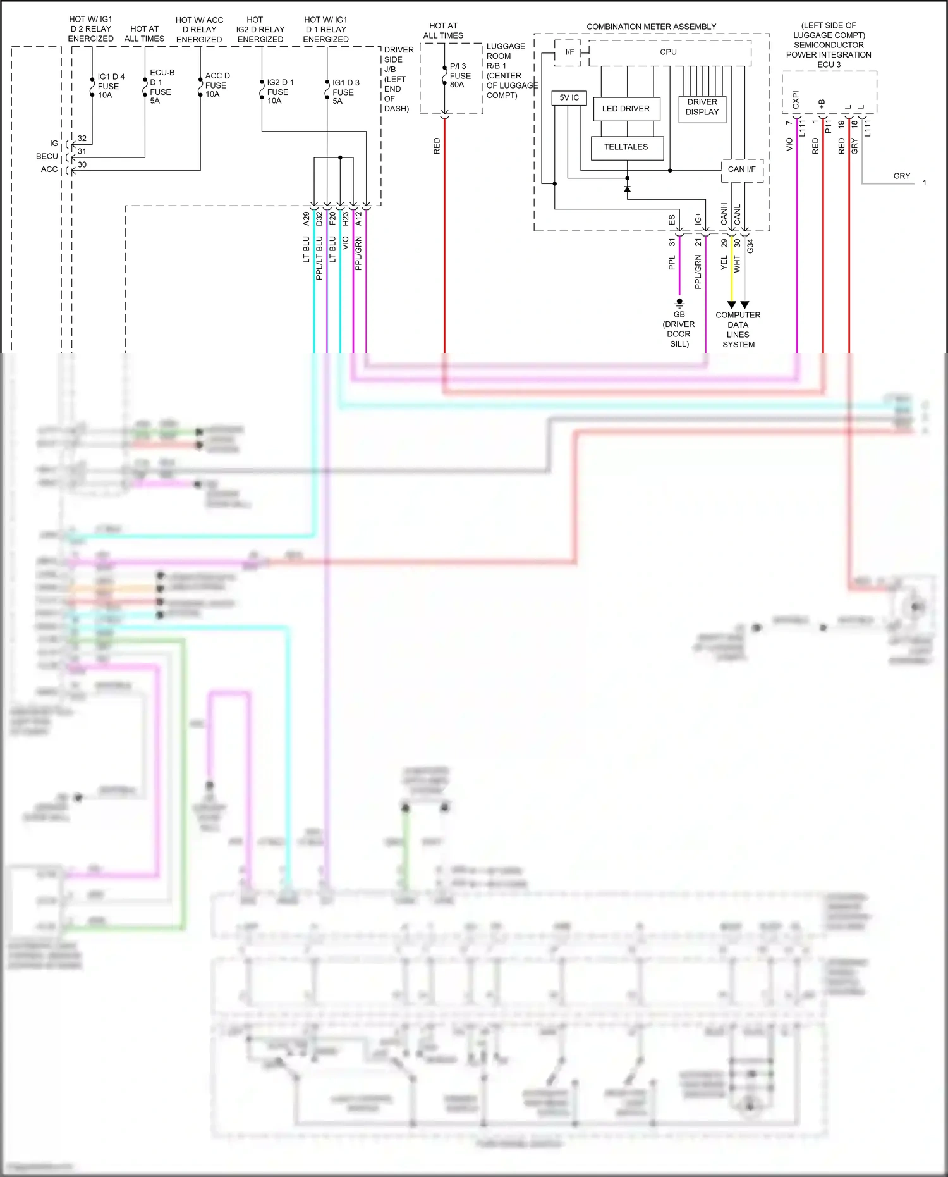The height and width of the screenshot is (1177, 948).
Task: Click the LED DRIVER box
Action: (x=626, y=109)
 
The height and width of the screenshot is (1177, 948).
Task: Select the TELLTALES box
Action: (x=626, y=147)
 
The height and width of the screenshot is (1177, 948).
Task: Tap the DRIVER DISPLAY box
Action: (x=702, y=107)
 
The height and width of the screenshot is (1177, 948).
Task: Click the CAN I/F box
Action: (x=741, y=169)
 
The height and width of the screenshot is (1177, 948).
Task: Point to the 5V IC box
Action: (x=569, y=97)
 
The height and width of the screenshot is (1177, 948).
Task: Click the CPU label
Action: (x=668, y=52)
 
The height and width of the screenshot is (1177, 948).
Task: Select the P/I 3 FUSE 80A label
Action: (x=459, y=75)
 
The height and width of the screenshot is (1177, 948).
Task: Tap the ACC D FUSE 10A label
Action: (x=217, y=85)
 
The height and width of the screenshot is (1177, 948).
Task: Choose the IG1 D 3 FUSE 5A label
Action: (x=345, y=92)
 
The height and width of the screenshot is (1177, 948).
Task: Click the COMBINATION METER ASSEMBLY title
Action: (x=651, y=27)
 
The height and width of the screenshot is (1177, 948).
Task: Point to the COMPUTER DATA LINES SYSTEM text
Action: (x=738, y=330)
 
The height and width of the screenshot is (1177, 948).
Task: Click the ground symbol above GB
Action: (x=679, y=303)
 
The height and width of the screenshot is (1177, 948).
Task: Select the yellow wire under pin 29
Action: (x=732, y=272)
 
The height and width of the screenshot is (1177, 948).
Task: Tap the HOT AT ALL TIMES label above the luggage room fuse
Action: (x=443, y=30)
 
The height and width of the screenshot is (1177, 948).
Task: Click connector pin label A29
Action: (x=307, y=219)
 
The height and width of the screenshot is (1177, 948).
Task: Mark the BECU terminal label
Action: (x=47, y=156)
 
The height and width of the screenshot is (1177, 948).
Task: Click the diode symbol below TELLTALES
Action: (x=627, y=189)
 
